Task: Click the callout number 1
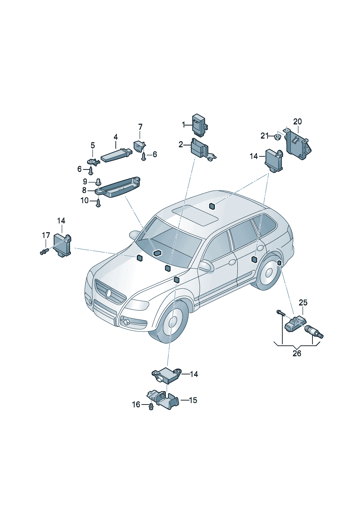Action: click(183, 124)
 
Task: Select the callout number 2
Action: click(181, 144)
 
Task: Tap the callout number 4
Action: click(116, 137)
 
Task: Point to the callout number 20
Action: click(297, 122)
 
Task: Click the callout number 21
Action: click(264, 136)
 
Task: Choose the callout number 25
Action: click(303, 303)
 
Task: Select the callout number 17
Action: click(46, 235)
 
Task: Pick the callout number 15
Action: click(193, 400)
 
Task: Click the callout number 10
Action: click(84, 201)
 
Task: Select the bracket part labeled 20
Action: click(297, 143)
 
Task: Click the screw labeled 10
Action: click(98, 203)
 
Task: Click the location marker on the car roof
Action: click(212, 206)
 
